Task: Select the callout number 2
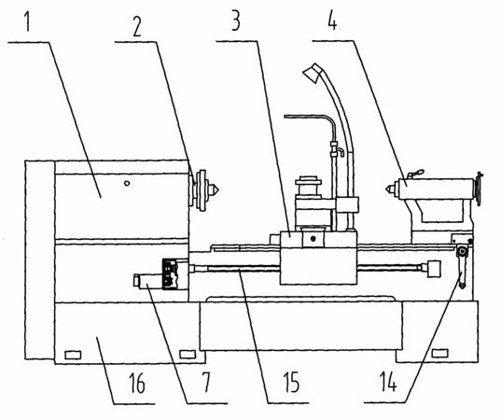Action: coord(137,26)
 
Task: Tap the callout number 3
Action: coord(235,21)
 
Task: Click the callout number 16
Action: coord(137,383)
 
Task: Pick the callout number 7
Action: coord(206,383)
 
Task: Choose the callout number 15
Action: coord(291,382)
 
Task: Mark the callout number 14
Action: coord(388,382)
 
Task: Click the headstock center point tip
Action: coord(218,190)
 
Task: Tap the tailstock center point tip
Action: coord(386,189)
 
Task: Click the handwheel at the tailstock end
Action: coord(479,189)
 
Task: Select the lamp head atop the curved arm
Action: coord(313,73)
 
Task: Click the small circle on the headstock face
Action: coord(127,184)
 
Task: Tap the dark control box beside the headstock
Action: coord(170,273)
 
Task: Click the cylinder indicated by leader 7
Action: coord(148,280)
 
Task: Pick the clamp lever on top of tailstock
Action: coord(415,174)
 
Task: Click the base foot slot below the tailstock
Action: coord(439,353)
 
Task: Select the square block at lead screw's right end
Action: coord(434,269)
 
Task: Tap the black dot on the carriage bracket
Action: coord(313,238)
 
